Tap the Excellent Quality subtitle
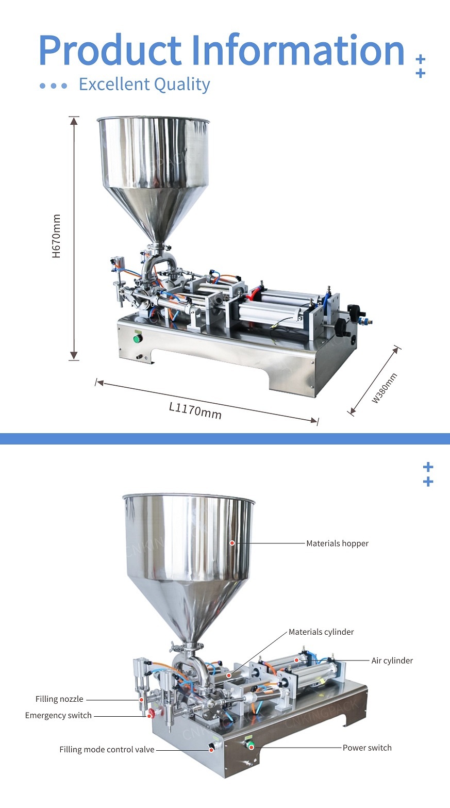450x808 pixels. pyautogui.click(x=144, y=85)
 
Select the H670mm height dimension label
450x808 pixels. pyautogui.click(x=56, y=236)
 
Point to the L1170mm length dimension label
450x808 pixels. pyautogui.click(x=195, y=410)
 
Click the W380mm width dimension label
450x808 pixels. pyautogui.click(x=385, y=388)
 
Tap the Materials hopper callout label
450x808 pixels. pyautogui.click(x=337, y=543)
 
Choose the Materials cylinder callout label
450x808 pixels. pyautogui.click(x=321, y=632)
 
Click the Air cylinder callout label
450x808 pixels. pyautogui.click(x=392, y=661)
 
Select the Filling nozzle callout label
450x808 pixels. pyautogui.click(x=59, y=699)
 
